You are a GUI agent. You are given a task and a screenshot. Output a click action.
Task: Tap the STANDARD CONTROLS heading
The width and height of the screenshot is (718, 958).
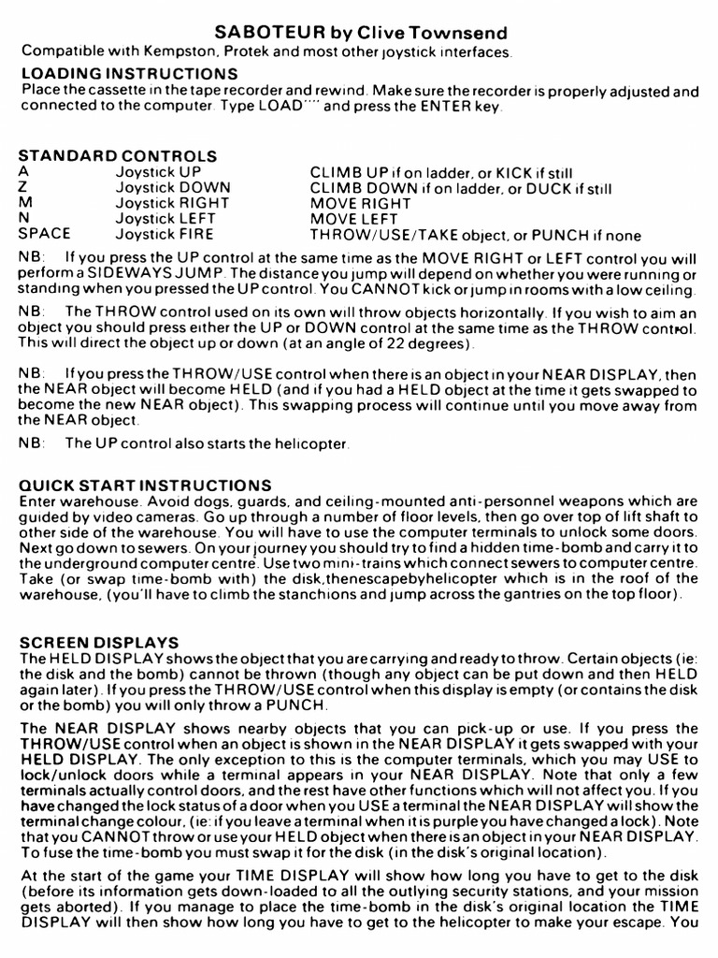click(118, 156)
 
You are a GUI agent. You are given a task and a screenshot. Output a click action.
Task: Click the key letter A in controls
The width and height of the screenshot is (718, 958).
click(23, 172)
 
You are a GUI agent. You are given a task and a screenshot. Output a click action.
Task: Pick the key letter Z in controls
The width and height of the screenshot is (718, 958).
click(23, 187)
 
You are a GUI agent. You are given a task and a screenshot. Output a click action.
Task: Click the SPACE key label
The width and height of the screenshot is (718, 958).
click(45, 234)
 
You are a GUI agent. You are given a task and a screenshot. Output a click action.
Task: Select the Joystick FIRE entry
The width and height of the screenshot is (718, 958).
click(165, 234)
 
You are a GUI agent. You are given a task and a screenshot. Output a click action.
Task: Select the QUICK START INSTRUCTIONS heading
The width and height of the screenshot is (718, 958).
click(145, 486)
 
